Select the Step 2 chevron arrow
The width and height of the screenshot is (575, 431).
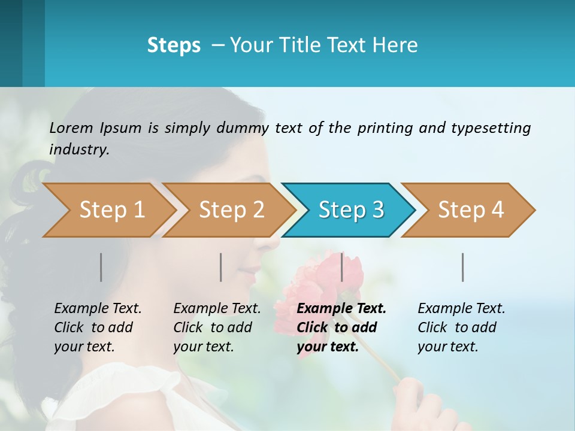(231, 210)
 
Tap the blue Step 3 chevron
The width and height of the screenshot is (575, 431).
(350, 210)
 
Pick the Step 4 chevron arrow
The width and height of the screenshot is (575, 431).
(470, 210)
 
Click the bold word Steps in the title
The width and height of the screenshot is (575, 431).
(174, 45)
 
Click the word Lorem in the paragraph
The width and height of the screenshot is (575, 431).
(71, 128)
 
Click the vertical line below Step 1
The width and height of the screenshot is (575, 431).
(101, 267)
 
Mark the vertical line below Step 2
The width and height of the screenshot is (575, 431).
(221, 267)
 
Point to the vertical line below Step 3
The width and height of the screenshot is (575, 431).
(342, 267)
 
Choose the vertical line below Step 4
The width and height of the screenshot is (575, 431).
(463, 267)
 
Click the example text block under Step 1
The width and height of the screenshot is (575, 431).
(98, 327)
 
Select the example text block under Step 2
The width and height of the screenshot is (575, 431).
(217, 327)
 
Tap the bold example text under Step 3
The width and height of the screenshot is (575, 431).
(341, 327)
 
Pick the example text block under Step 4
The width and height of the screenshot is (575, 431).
(461, 327)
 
